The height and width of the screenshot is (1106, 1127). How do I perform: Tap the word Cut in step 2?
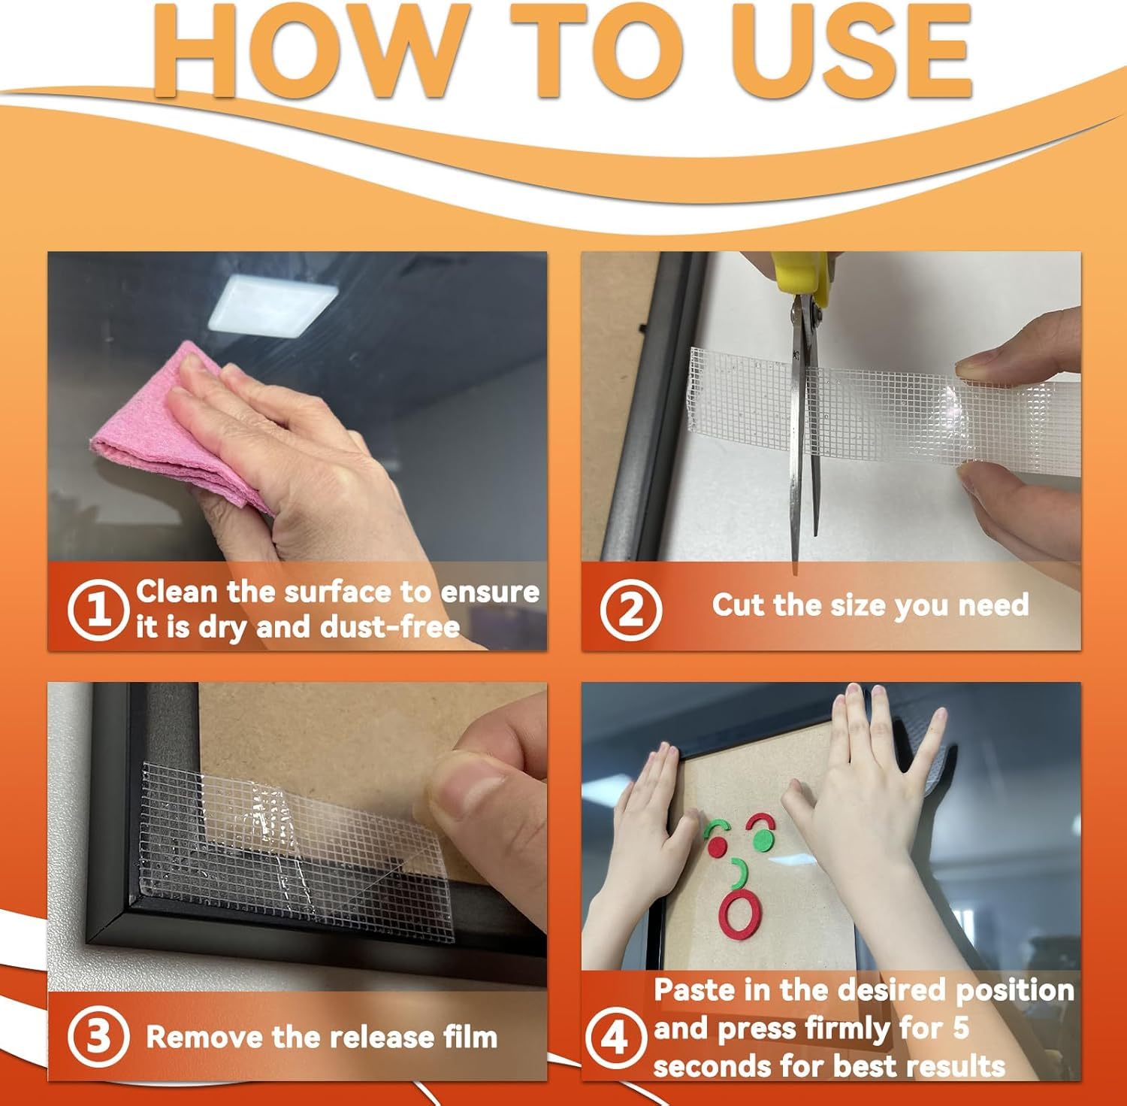[x=738, y=605]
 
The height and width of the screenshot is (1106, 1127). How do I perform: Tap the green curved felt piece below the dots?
[x=739, y=871]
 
